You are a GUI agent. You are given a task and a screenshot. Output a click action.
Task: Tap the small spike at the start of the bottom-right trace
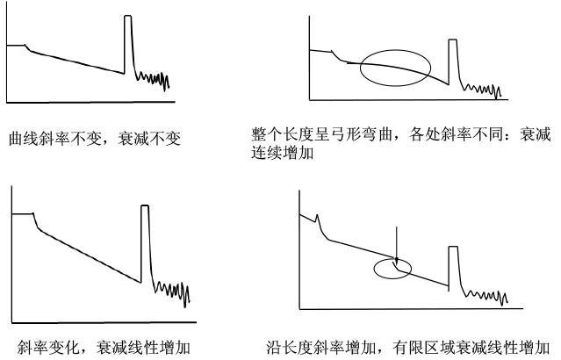tap(317, 216)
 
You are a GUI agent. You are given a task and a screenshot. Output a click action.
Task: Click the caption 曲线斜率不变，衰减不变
tap(95, 139)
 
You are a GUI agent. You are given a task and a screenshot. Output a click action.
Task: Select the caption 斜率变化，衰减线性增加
tap(104, 348)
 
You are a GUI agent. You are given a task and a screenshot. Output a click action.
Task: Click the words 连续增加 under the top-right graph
tap(283, 153)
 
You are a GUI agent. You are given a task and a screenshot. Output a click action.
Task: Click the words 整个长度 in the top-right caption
tap(283, 134)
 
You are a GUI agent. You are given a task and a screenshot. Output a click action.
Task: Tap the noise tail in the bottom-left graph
tap(172, 291)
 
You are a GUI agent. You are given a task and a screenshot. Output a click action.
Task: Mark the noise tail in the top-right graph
tap(482, 90)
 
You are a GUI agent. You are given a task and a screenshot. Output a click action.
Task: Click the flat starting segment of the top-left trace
tap(16, 45)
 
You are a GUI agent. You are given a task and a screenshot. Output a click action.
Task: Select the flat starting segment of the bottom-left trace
tap(23, 213)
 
